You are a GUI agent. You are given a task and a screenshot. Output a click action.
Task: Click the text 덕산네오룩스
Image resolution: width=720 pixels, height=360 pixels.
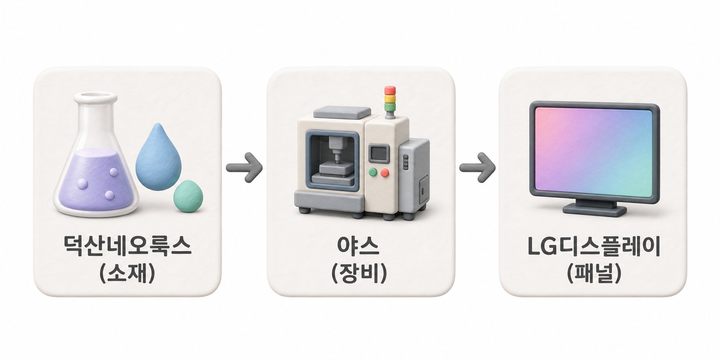coord(127,245)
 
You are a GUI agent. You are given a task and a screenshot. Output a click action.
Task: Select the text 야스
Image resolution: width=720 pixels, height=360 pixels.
coord(358,245)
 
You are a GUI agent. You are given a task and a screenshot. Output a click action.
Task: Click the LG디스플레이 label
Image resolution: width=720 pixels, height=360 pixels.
coord(594,246)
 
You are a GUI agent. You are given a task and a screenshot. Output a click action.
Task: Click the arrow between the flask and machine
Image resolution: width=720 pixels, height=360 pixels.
coord(244,167)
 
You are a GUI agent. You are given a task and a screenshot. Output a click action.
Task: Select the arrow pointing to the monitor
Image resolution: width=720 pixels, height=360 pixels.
coord(477,167)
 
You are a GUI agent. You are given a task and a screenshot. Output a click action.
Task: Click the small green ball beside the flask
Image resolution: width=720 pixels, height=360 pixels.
coord(188,195)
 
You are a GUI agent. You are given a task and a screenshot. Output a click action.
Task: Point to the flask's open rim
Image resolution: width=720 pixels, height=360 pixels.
coord(95,97)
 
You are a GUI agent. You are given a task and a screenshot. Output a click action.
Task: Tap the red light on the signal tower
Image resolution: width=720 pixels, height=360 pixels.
coord(390,91)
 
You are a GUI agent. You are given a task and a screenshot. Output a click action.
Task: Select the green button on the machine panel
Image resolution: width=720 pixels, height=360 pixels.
coord(373,172)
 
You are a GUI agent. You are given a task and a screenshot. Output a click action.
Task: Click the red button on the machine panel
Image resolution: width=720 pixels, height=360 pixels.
coord(384,173)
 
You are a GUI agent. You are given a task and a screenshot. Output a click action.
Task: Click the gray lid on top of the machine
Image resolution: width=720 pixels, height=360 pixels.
coord(342,112)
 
